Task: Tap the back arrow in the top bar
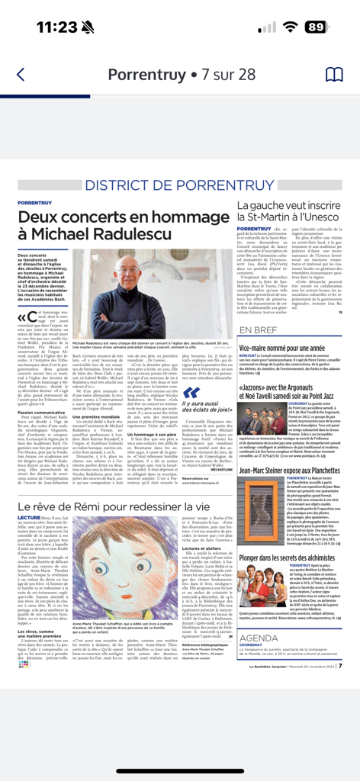click(x=21, y=75)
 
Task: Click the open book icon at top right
click(x=334, y=75)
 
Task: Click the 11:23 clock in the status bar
click(x=57, y=27)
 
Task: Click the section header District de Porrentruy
click(x=179, y=185)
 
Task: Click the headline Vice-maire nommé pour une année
click(x=286, y=347)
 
